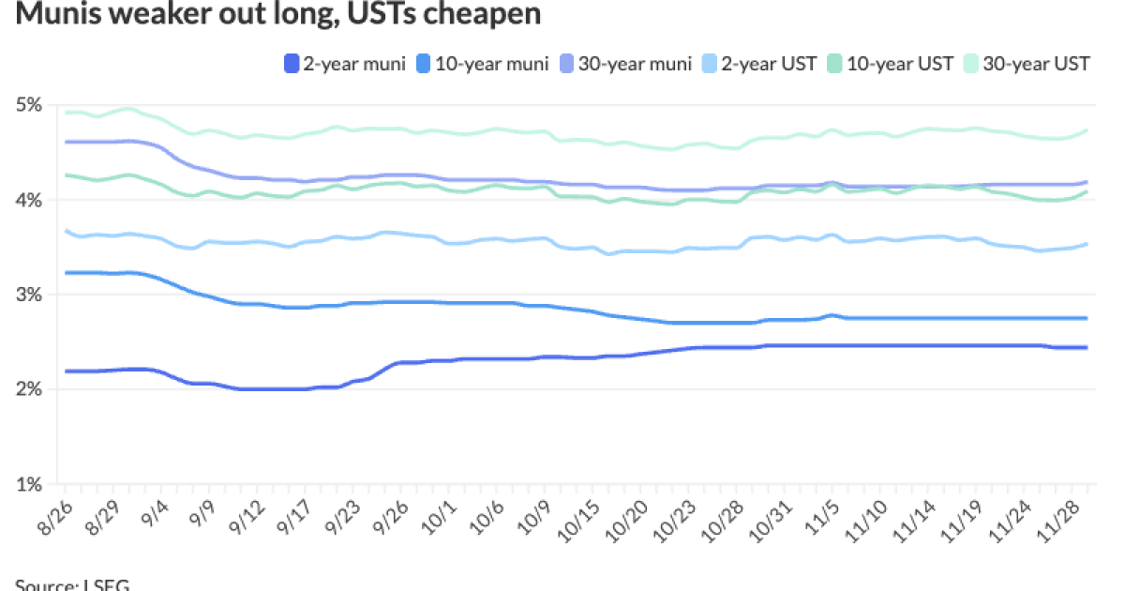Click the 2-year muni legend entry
click(x=344, y=64)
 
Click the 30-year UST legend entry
click(x=1027, y=64)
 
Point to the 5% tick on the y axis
click(x=30, y=105)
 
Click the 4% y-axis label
click(x=30, y=200)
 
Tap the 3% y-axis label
click(x=30, y=295)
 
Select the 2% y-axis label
click(x=30, y=389)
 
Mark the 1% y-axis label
click(x=30, y=485)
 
